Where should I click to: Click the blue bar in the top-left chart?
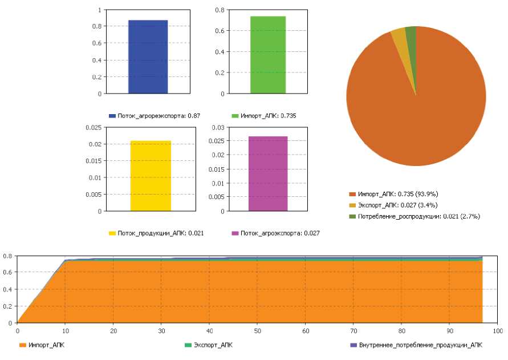pos(148,56)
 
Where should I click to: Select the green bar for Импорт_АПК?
pos(268,55)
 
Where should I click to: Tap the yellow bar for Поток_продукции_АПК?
pos(151,176)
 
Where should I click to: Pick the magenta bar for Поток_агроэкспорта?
pos(268,173)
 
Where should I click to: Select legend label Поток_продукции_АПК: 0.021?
pos(161,233)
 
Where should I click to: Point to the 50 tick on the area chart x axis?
pos(258,330)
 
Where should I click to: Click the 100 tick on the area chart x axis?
pos(497,330)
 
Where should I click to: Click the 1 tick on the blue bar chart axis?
pos(99,10)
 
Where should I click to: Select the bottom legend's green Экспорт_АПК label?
pos(213,345)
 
